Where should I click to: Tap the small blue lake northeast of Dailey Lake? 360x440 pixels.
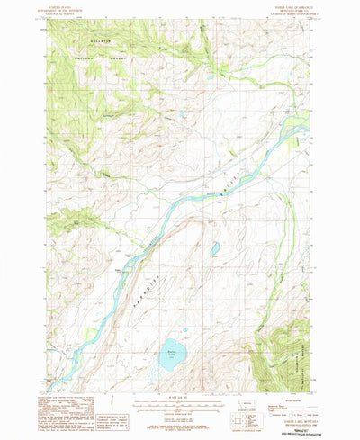[214, 248]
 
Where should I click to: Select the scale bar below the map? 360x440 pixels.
[180, 403]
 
